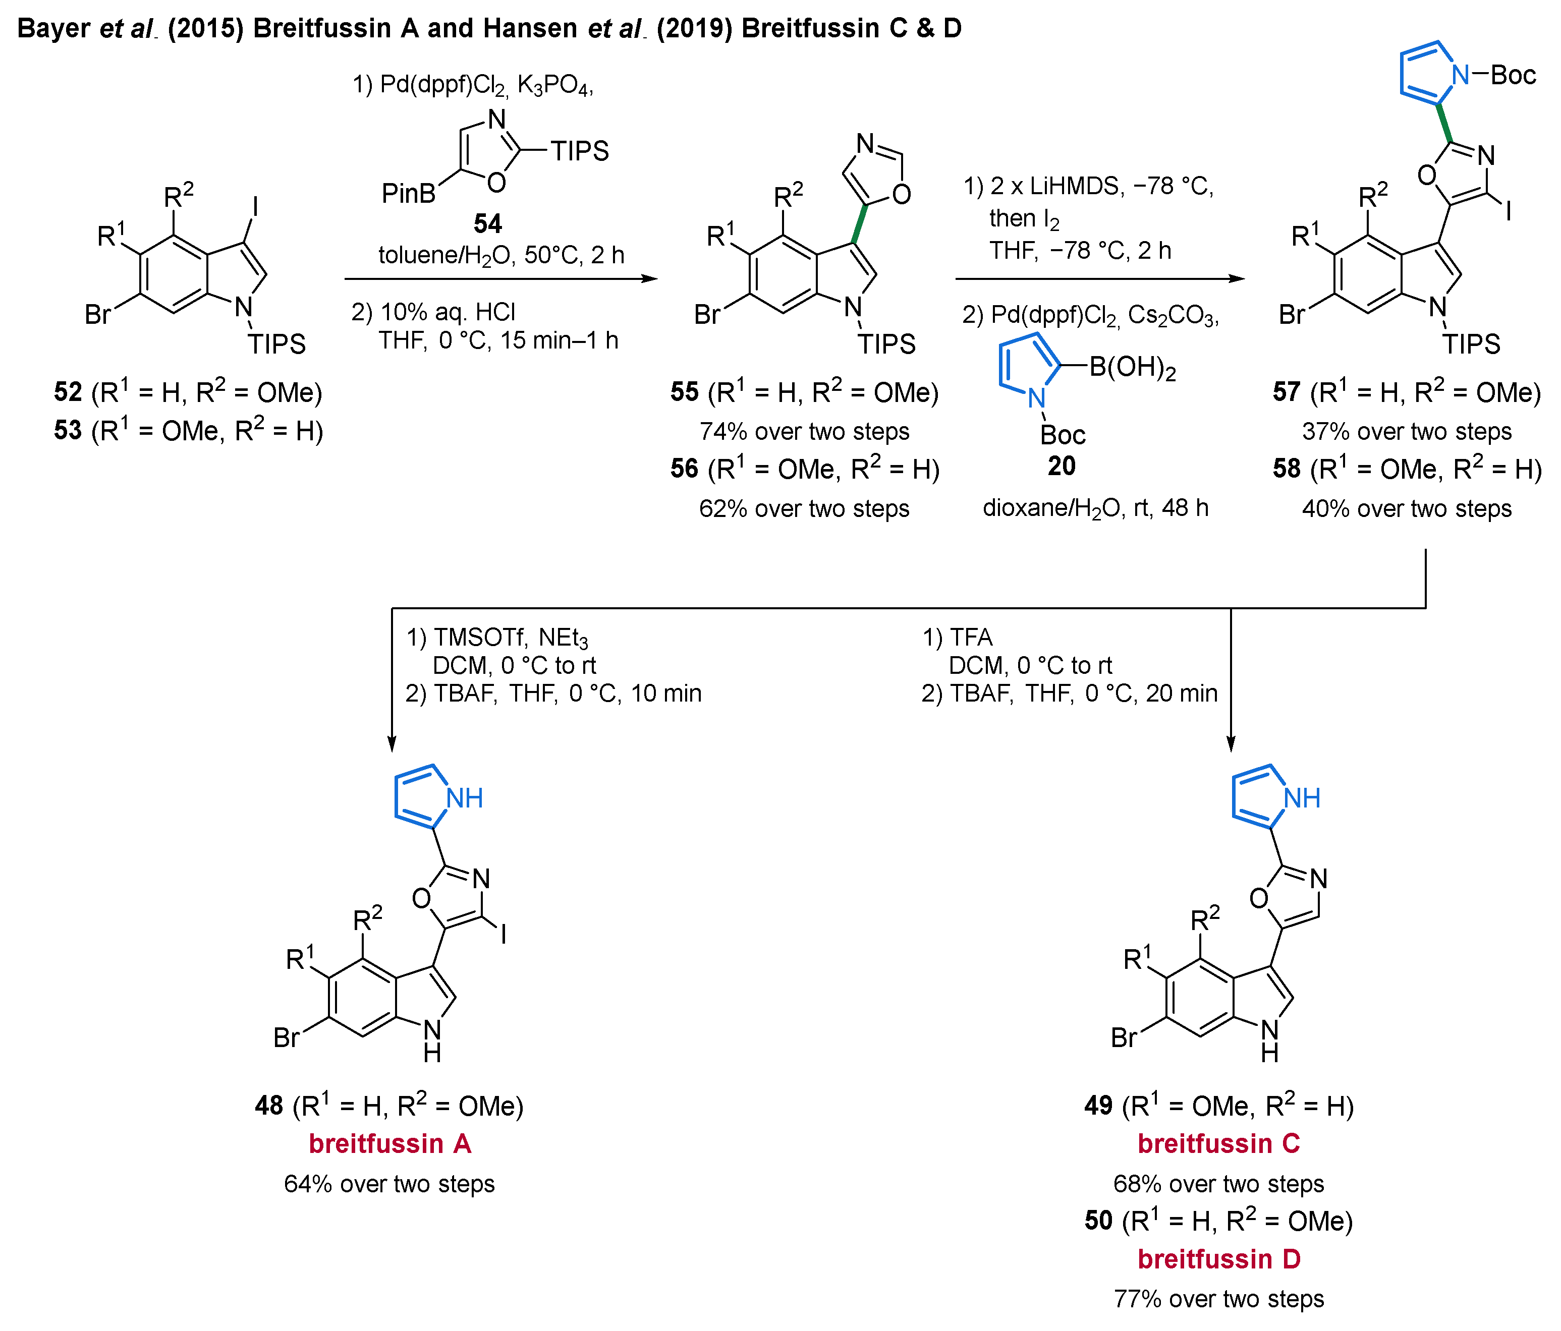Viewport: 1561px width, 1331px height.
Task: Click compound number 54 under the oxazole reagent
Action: (487, 224)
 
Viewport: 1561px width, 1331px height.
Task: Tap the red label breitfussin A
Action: (389, 1143)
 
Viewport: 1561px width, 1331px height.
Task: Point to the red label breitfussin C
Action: (1218, 1143)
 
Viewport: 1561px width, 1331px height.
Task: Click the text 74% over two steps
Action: (804, 432)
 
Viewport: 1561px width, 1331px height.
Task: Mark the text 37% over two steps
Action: (1407, 432)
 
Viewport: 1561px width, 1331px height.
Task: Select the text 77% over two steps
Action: (1218, 1299)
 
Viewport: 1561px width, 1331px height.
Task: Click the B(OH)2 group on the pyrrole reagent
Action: (1132, 368)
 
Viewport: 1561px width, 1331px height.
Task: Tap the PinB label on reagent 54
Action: (408, 194)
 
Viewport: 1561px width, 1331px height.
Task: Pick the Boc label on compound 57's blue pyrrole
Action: (1513, 75)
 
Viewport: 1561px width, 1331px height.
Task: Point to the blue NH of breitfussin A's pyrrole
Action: (464, 798)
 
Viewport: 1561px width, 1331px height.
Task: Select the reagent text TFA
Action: (971, 638)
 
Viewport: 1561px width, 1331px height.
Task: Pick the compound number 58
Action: (1287, 469)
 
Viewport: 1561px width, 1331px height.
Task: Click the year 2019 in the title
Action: (694, 29)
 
